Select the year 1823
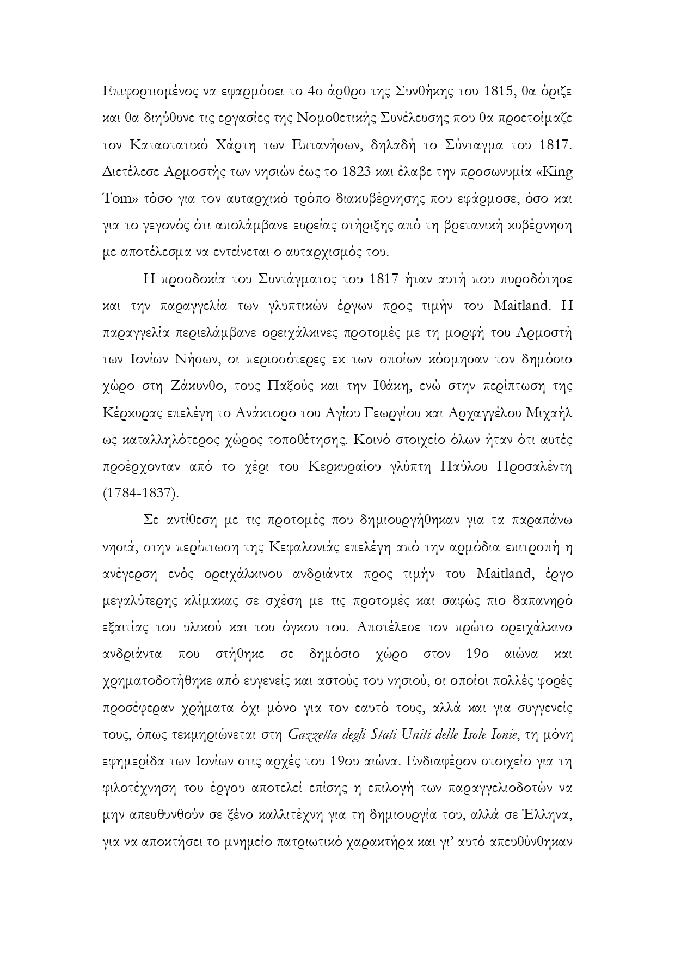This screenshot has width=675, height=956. (x=355, y=172)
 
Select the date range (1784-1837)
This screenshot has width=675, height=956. (x=140, y=494)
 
